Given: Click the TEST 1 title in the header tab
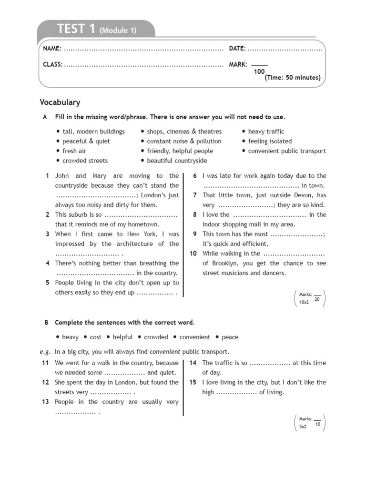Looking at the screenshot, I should point(76,29).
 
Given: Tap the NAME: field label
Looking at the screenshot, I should point(52,49).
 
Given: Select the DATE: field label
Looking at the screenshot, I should point(237,49).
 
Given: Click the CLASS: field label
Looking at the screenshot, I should point(53,64).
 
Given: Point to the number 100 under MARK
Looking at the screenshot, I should point(259,71).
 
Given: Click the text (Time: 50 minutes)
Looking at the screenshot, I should point(293,78).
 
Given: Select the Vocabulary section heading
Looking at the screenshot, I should point(60,102).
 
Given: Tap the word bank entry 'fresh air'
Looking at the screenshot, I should point(74,151).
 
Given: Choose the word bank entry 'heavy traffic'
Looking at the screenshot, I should point(266,132).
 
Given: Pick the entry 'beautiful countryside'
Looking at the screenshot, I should point(177,161).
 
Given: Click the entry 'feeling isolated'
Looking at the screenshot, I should point(270,141).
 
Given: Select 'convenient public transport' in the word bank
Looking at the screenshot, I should point(287,151).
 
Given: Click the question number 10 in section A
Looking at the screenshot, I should point(193,254).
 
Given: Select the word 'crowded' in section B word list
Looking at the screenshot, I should point(156,337).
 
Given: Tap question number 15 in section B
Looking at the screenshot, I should point(193,382).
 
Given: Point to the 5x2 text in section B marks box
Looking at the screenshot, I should point(303,427).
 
